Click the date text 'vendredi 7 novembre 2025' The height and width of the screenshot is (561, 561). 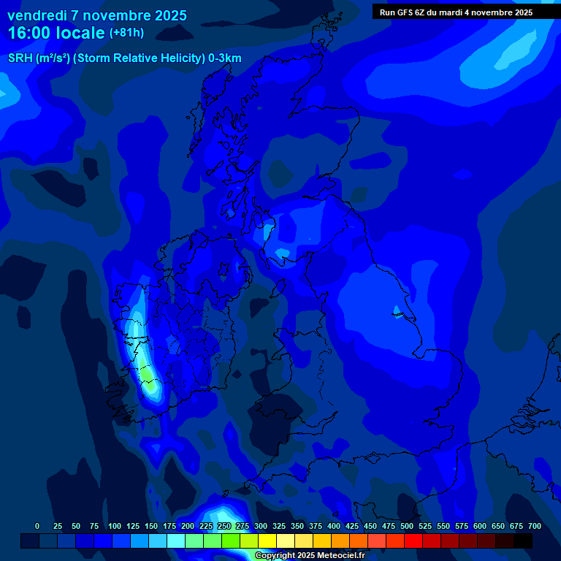[96, 15]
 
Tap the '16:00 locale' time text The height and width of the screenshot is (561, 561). [56, 33]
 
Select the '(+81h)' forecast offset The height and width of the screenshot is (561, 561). [126, 33]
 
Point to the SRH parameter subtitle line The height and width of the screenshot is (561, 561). [124, 58]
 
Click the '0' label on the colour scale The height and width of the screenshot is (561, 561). [37, 526]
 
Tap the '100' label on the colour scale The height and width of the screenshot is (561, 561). [115, 526]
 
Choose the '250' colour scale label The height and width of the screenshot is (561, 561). [224, 526]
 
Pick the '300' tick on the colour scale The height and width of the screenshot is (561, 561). [261, 526]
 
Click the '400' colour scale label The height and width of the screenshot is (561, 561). [334, 526]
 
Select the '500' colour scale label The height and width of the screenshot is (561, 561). [407, 526]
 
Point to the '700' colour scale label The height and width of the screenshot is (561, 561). [535, 526]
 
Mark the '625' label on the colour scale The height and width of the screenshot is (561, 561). [498, 526]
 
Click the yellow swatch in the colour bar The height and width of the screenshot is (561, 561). [267, 541]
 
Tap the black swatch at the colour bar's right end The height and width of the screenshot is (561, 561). [523, 541]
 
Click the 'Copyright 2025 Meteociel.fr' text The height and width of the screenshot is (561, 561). [310, 556]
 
